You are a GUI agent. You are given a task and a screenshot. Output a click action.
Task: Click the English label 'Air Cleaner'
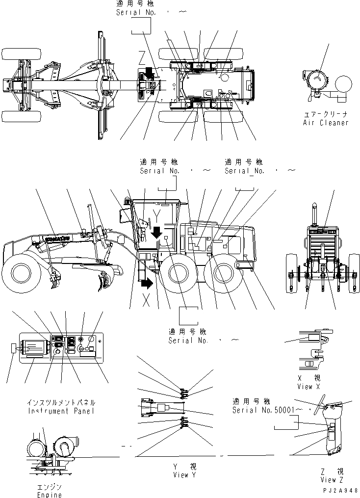tap(325, 122)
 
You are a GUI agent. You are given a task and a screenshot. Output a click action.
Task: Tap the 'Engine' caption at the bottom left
tap(50, 495)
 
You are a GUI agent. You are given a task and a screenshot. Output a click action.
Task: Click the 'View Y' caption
tap(184, 475)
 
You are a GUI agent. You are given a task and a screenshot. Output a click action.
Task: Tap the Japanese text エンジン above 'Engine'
tap(50, 487)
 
